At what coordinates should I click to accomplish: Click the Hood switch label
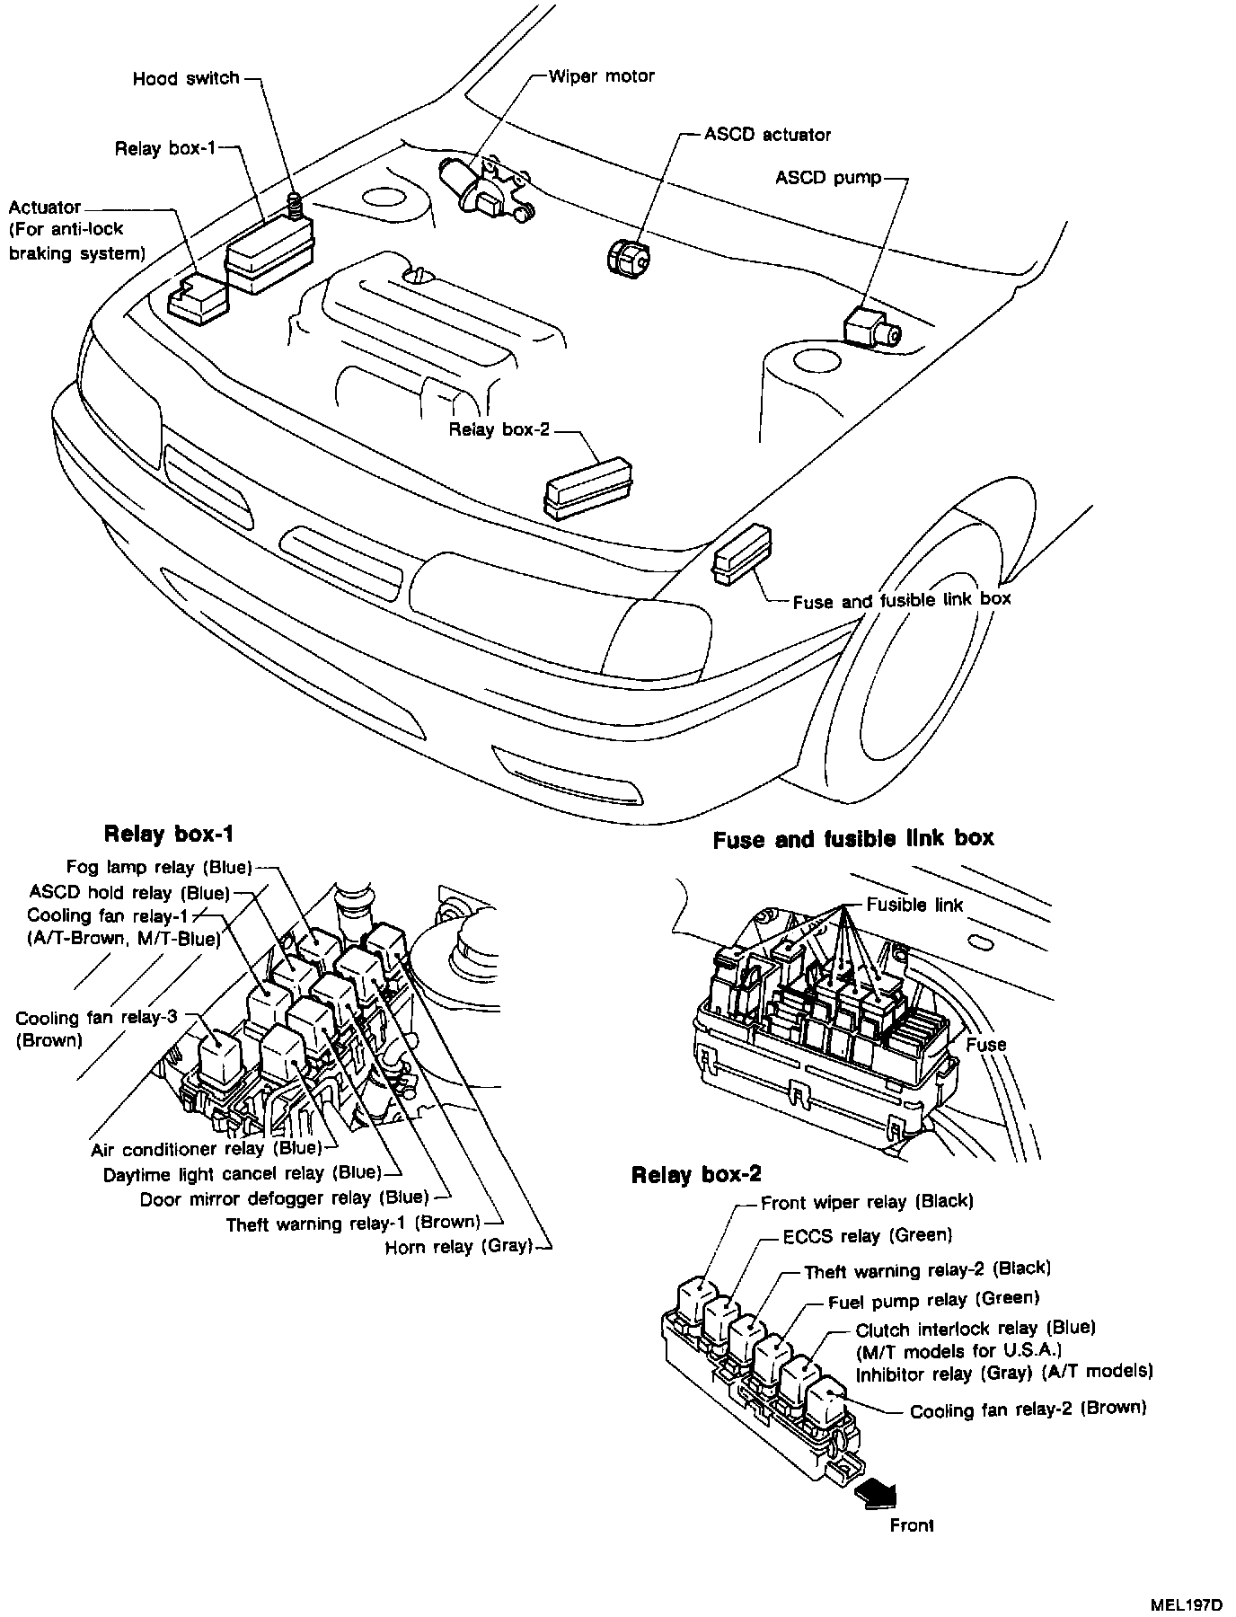(x=186, y=78)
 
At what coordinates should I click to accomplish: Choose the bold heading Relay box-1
(x=169, y=834)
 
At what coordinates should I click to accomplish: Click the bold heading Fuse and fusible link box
(x=853, y=839)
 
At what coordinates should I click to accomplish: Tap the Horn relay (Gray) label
(x=459, y=1247)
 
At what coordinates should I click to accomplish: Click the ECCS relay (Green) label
(x=867, y=1236)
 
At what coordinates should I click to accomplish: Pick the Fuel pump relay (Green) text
(x=933, y=1299)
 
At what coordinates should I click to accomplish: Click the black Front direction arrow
(x=876, y=1492)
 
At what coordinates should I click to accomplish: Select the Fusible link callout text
(x=914, y=905)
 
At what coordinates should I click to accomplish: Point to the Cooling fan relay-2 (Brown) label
(x=1029, y=1409)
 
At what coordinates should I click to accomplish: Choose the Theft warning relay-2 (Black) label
(x=927, y=1269)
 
